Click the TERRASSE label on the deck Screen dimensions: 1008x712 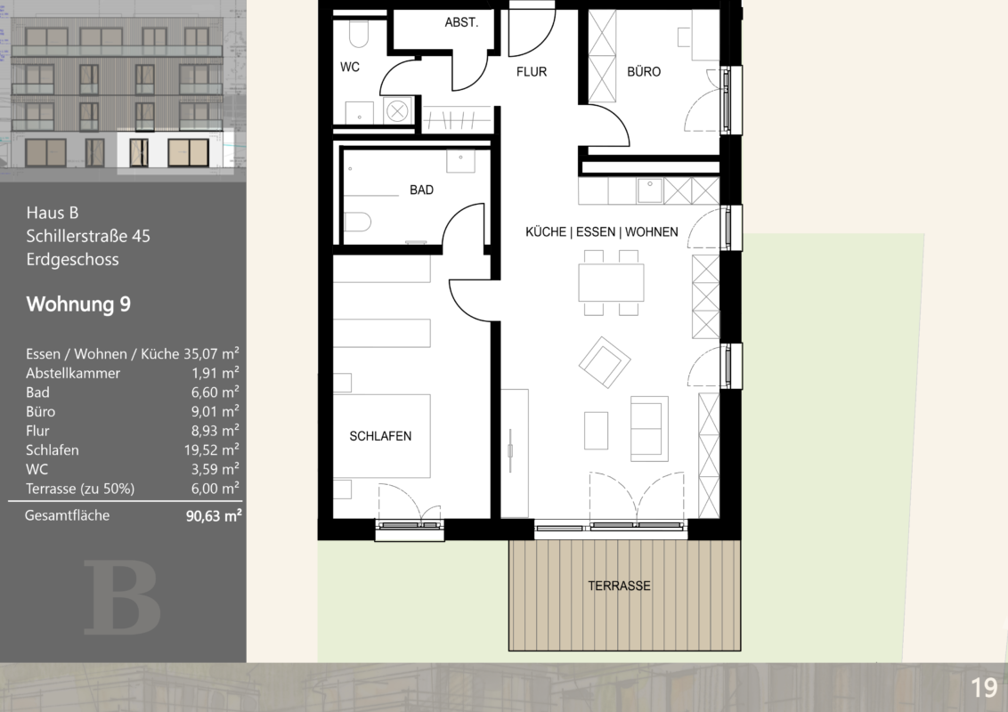tap(619, 586)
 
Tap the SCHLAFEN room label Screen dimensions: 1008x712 tap(380, 436)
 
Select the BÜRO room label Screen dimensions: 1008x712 tap(644, 71)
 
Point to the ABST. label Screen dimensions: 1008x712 tap(461, 22)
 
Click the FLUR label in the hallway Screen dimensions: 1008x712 tap(531, 72)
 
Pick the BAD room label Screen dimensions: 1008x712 tap(421, 190)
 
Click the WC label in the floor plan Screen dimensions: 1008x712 tap(350, 67)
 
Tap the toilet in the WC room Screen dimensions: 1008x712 tap(358, 34)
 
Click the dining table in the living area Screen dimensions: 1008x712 tap(611, 283)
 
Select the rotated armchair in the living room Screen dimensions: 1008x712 tap(605, 362)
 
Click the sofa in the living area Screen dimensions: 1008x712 tap(649, 429)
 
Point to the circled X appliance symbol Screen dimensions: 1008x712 tap(397, 111)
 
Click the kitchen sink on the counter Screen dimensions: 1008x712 tap(649, 190)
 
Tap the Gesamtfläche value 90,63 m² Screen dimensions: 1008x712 tap(214, 515)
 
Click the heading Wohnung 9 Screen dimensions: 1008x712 tap(78, 304)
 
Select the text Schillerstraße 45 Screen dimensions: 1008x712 tap(88, 236)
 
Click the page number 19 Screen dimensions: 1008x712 tap(984, 688)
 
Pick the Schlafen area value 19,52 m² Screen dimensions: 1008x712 tap(212, 449)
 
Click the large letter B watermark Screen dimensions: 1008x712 tap(121, 597)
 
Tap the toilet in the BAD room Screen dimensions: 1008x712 tap(357, 222)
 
